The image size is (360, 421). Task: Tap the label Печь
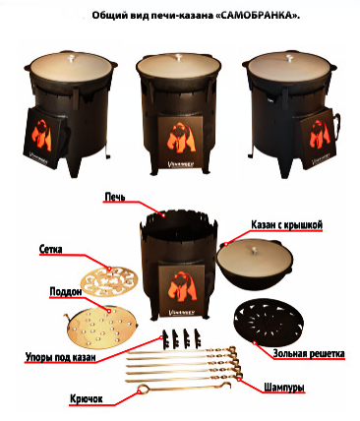[114, 197]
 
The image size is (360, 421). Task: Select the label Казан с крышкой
[287, 225]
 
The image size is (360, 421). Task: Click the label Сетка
[50, 249]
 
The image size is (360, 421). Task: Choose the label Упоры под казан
[61, 357]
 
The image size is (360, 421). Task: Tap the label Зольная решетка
[309, 353]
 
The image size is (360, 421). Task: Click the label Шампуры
[284, 388]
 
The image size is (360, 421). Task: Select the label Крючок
[87, 399]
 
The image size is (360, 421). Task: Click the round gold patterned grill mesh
[109, 280]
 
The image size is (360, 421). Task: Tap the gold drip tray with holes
[101, 329]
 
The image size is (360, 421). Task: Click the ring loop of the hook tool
[143, 390]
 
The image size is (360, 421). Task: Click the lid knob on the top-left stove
[72, 59]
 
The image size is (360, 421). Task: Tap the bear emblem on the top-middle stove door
[182, 138]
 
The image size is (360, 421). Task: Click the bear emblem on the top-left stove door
[41, 136]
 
